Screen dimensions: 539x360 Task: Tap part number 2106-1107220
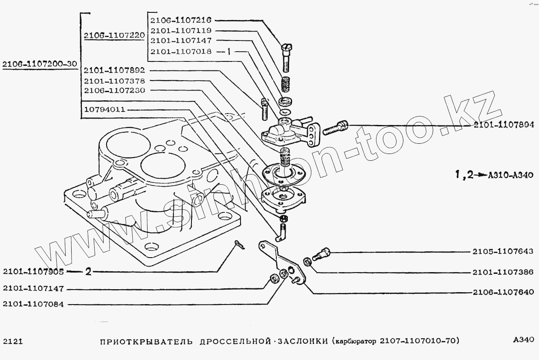pos(114,36)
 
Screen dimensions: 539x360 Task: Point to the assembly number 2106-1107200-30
pos(39,64)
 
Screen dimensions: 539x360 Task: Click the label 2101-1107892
pos(114,70)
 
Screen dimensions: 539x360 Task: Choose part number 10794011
pos(104,109)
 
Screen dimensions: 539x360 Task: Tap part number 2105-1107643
pos(503,252)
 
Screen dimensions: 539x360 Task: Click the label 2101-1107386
pos(503,272)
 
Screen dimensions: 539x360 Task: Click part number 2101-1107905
pos(33,272)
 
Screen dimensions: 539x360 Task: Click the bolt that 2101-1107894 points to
pos(336,127)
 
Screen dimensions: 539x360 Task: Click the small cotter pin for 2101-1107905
pos(239,245)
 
